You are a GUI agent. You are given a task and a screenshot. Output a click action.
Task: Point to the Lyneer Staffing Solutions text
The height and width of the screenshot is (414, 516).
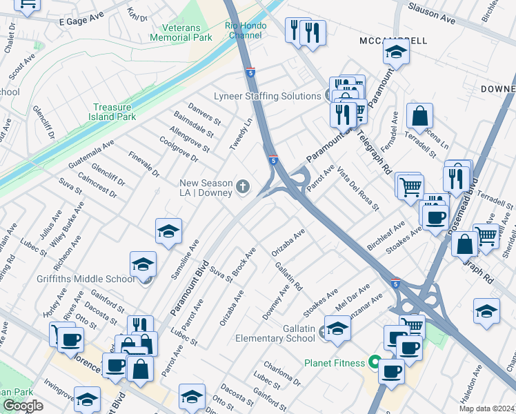267,96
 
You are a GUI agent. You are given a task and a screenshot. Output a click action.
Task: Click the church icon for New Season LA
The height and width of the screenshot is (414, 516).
242,186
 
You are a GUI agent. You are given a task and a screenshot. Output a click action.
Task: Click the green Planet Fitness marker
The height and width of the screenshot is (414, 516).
375,362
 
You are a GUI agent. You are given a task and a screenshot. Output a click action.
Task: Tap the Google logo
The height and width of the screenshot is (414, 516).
23,406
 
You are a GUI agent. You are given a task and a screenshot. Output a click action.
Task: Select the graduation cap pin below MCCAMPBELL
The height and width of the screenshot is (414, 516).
396,52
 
